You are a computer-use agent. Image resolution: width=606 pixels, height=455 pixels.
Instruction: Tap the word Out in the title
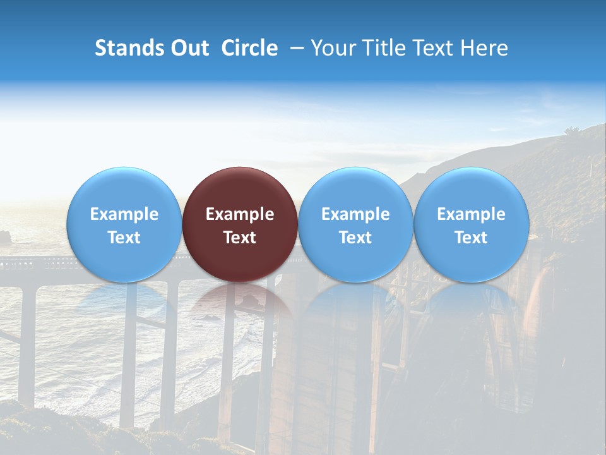click(189, 48)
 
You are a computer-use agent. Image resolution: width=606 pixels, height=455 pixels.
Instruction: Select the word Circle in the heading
click(249, 48)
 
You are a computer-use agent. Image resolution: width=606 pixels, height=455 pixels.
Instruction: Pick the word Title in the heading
click(385, 48)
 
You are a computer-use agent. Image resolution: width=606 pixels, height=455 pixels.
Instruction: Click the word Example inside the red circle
click(240, 214)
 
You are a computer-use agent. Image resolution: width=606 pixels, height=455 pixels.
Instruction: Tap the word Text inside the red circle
click(240, 238)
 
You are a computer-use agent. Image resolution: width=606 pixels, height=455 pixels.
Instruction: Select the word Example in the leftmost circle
click(124, 214)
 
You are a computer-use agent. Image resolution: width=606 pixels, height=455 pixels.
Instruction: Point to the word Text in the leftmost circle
click(124, 238)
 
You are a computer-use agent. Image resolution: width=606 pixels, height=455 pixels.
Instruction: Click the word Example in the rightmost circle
click(472, 214)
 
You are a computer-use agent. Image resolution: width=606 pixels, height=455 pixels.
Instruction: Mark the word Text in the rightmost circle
click(472, 238)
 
